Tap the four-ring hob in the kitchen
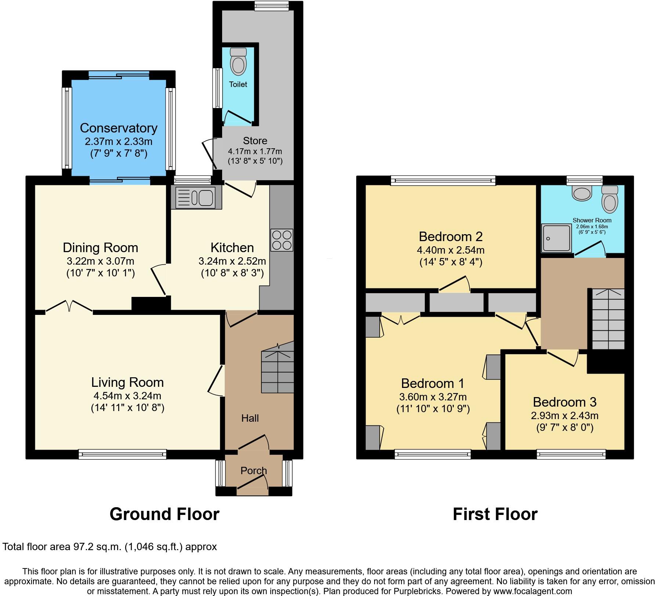point(282,240)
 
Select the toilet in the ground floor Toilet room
point(238,61)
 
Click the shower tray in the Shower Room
point(557,239)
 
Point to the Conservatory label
point(119,128)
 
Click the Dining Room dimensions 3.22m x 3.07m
point(100,261)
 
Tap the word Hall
point(250,418)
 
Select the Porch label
point(254,470)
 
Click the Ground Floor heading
point(164,514)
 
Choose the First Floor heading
point(495,514)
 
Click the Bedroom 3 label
point(565,402)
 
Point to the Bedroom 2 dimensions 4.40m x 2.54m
point(450,250)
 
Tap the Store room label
point(255,141)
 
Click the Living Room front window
point(122,454)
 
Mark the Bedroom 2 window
point(443,180)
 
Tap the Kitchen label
point(232,248)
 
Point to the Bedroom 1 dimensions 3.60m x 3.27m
point(433,397)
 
